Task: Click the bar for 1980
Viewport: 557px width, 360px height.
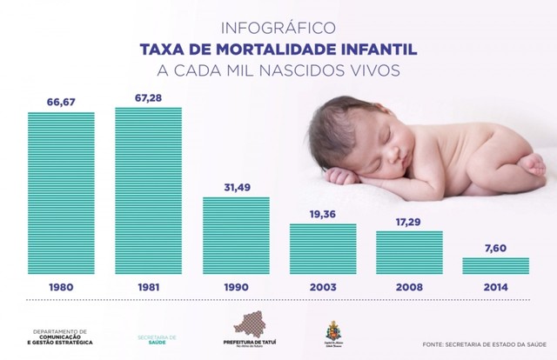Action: (x=61, y=191)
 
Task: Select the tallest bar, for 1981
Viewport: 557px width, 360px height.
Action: (x=148, y=189)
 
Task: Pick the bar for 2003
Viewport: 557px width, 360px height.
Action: (x=323, y=248)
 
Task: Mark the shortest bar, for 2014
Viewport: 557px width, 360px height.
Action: (x=495, y=264)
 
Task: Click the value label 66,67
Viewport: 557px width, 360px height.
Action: (x=61, y=102)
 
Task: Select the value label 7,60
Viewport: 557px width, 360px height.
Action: (x=495, y=247)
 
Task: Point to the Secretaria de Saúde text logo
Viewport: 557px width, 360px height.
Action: (x=158, y=339)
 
